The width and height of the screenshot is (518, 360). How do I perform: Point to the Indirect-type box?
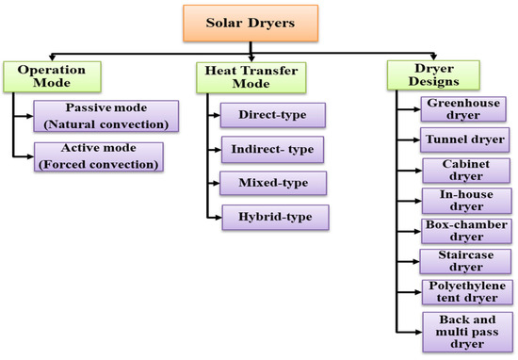point(273,150)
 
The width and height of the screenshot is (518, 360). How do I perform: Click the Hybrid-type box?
point(273,218)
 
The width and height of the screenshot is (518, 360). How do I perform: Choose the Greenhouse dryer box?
point(462,109)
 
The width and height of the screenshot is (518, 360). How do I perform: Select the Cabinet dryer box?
point(462,171)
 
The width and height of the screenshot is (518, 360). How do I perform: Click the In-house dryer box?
point(462,202)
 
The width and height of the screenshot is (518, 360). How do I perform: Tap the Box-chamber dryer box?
point(462,232)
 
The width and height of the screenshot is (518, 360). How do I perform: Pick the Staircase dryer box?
point(462,262)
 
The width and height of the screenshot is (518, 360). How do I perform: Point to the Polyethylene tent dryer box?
point(462,292)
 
